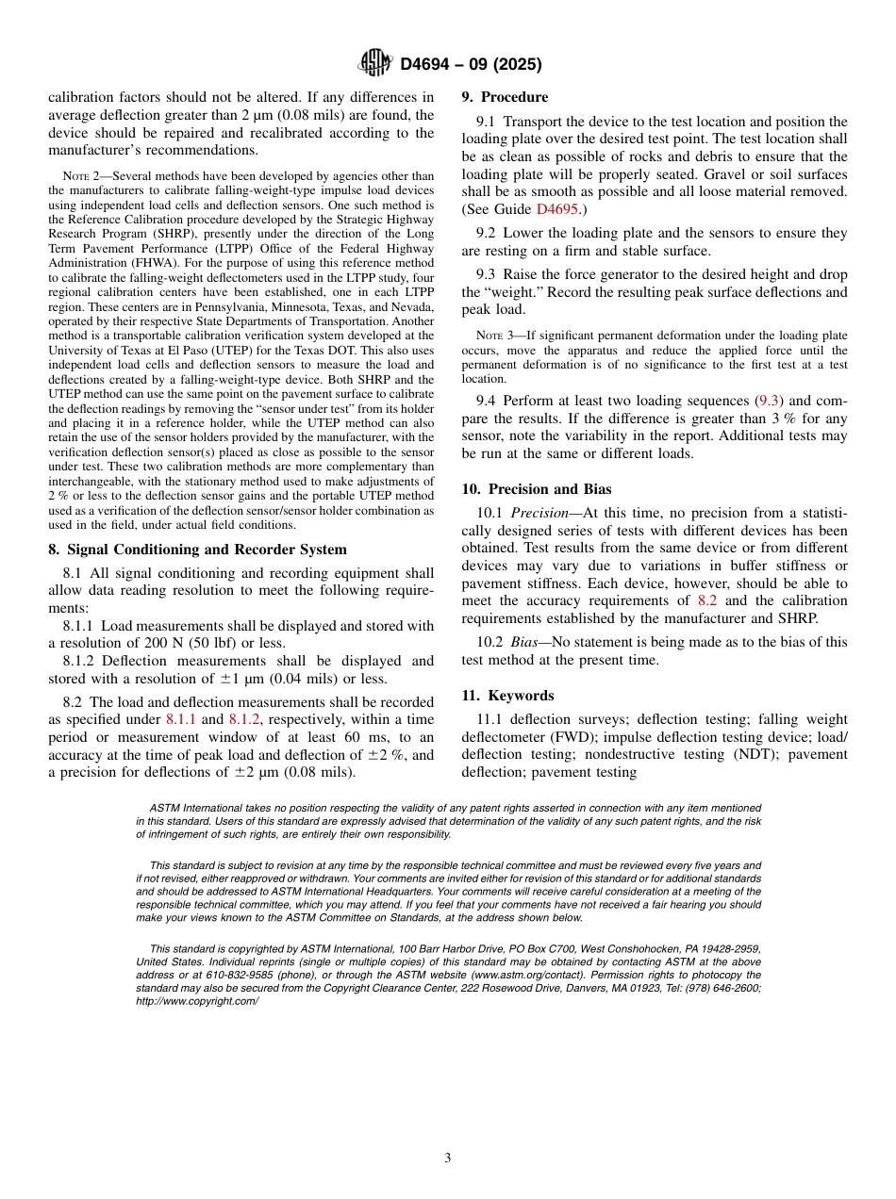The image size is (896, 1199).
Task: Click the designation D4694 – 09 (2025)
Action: (471, 65)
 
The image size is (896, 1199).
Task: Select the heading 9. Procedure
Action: (504, 97)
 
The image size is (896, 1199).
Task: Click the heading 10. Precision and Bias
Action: (536, 489)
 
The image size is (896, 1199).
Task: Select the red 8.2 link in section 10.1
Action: (707, 600)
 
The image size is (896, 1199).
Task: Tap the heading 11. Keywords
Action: (507, 696)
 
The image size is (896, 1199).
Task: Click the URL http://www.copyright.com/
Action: (197, 1001)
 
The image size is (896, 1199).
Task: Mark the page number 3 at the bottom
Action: (448, 1158)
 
